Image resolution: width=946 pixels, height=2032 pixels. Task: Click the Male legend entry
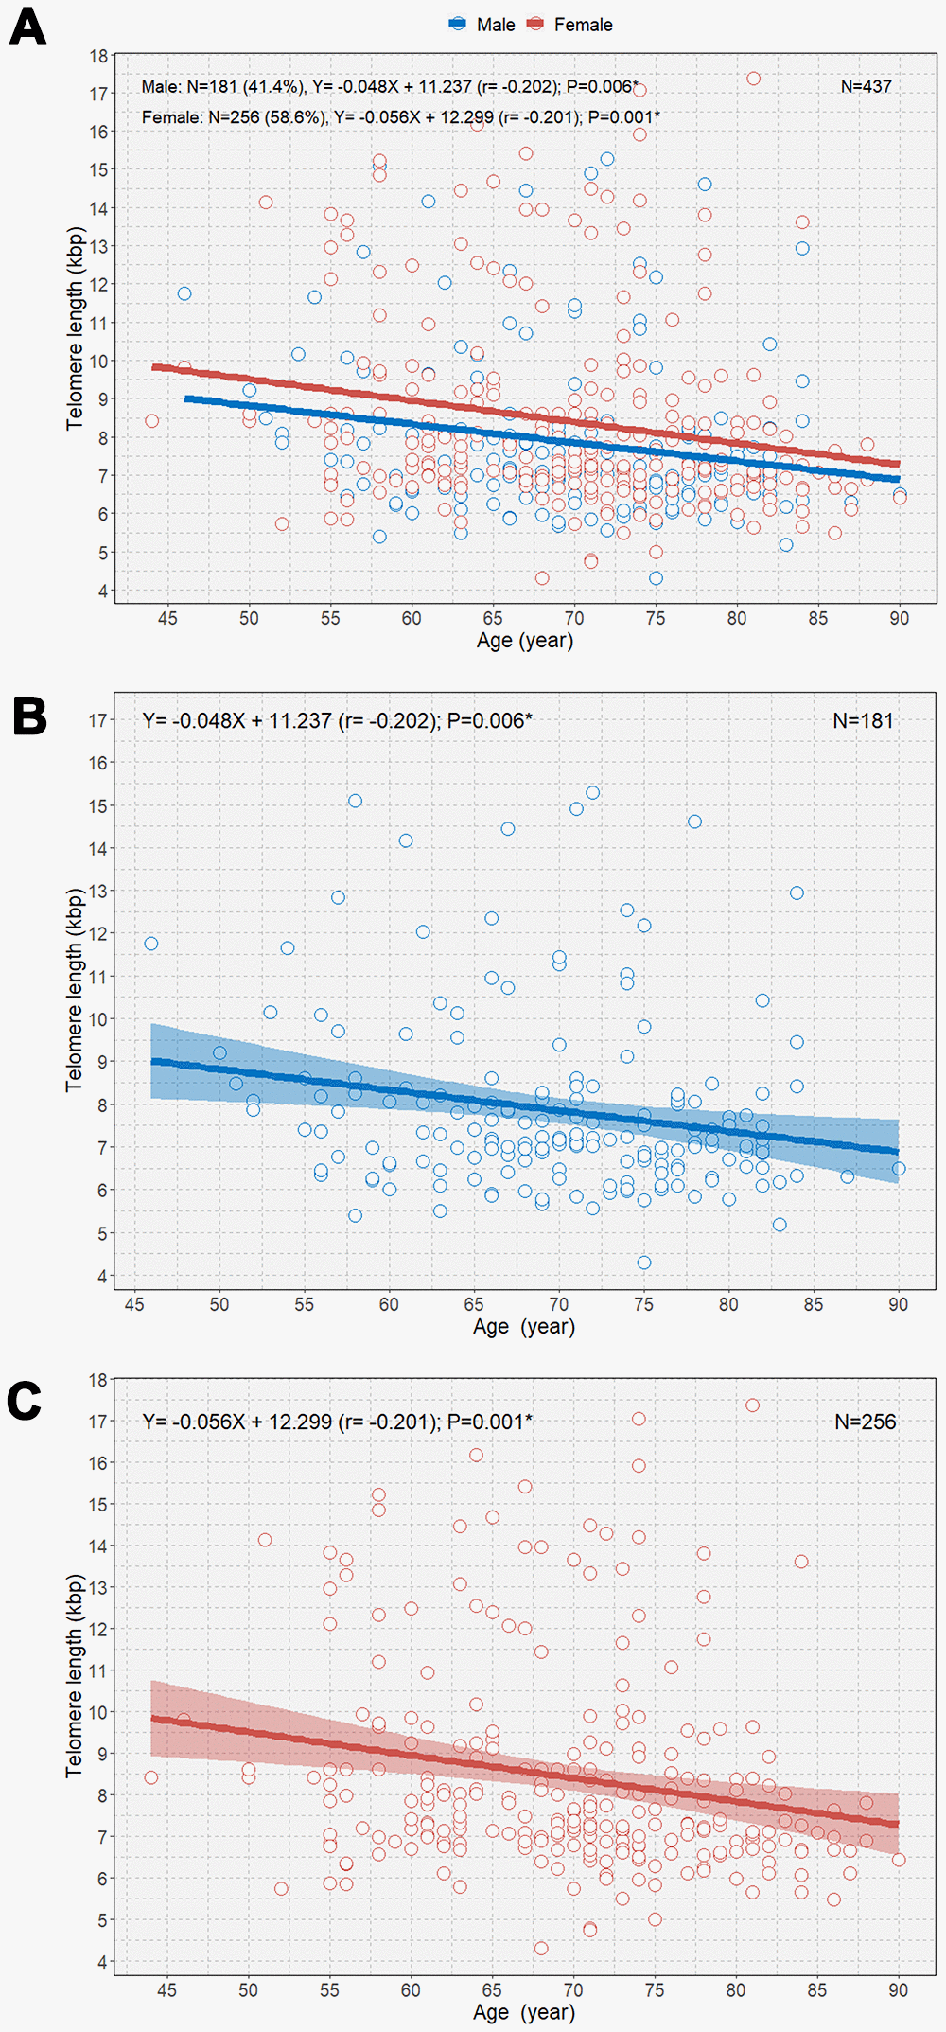(482, 25)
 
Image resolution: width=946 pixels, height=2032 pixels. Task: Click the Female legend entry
(570, 25)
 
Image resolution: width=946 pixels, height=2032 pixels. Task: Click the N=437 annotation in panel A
(866, 86)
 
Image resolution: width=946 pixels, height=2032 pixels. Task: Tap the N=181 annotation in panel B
(863, 720)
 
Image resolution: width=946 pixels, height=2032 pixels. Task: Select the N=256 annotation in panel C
(865, 1422)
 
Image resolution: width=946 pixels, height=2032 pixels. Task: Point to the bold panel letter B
(29, 716)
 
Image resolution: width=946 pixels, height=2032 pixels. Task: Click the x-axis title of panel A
(524, 641)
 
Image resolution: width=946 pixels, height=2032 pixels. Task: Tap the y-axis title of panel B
(74, 990)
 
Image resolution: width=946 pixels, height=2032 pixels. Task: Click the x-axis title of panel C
(523, 2012)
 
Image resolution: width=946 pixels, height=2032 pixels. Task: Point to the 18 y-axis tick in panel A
(98, 56)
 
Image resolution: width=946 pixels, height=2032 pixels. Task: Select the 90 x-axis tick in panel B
(898, 1304)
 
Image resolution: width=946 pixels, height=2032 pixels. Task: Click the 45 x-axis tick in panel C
(166, 1990)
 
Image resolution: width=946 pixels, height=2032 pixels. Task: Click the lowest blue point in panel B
(644, 1263)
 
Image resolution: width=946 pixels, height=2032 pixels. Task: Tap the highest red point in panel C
(752, 1405)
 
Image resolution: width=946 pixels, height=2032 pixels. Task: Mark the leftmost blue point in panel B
(151, 944)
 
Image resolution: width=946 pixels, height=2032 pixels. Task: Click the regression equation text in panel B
(337, 720)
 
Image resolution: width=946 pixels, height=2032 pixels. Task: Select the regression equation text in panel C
(337, 1422)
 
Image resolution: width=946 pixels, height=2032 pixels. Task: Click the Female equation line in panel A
(400, 117)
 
